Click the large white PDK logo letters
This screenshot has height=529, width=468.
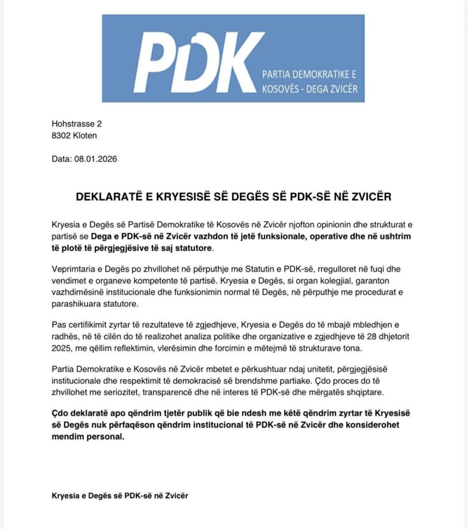(199, 59)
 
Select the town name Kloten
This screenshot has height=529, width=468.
(85, 136)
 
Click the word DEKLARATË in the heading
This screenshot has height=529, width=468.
(107, 198)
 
